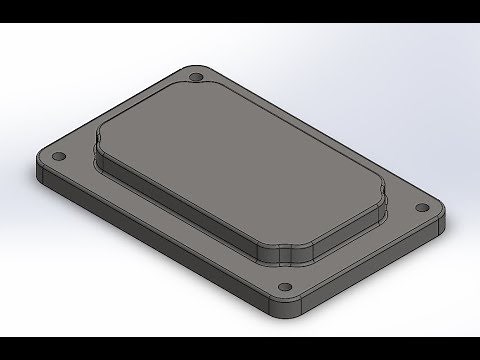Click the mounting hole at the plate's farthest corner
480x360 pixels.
pyautogui.click(x=196, y=77)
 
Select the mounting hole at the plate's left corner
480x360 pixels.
pyautogui.click(x=56, y=157)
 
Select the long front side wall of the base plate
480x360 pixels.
pyautogui.click(x=150, y=244)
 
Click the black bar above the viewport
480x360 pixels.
pyautogui.click(x=240, y=11)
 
